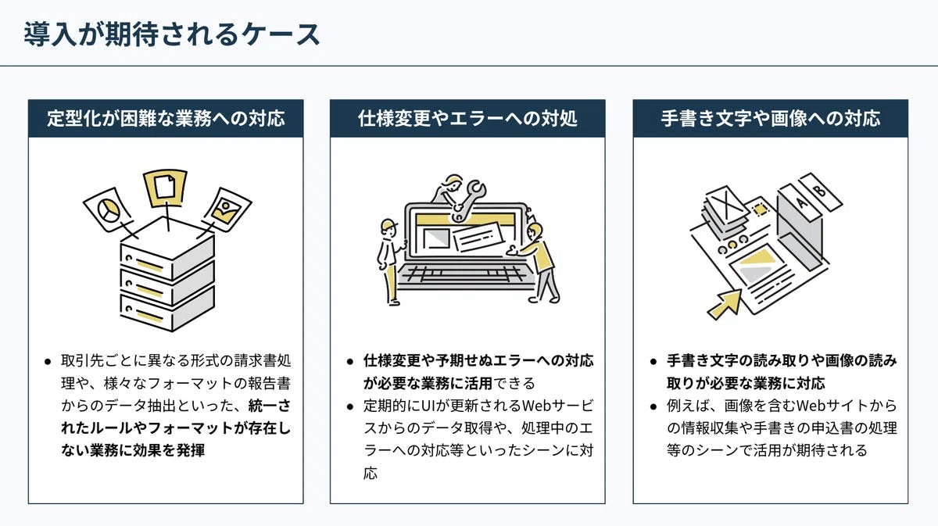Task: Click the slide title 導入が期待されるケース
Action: [172, 34]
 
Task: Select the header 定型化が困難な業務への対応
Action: [166, 119]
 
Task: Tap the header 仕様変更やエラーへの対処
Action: [467, 119]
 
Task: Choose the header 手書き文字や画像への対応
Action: [770, 119]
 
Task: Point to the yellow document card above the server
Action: [165, 187]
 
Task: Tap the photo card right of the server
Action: [226, 208]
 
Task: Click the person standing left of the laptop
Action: [389, 262]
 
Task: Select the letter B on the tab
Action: [820, 190]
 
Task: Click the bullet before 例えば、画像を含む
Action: [653, 406]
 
